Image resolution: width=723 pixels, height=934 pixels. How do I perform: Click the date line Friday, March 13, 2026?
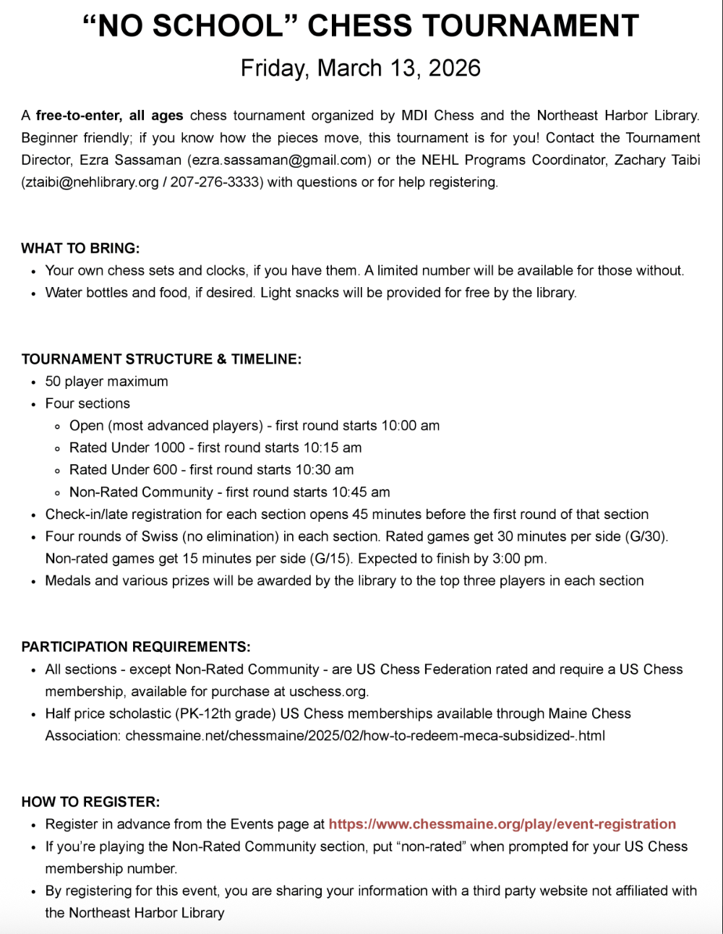tap(361, 68)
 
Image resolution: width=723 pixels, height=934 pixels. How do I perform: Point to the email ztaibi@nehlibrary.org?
tap(92, 182)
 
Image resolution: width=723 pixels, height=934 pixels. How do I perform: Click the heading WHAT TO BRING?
tap(80, 249)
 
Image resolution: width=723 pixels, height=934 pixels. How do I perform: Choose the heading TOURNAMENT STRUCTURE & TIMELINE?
tap(161, 359)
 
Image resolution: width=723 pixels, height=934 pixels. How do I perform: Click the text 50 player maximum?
tap(106, 382)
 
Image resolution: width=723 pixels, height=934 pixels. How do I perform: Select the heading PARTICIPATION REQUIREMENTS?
tap(136, 647)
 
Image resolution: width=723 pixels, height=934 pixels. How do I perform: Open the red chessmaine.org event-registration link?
tap(502, 824)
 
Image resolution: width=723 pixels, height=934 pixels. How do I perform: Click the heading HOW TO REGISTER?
tap(90, 802)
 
